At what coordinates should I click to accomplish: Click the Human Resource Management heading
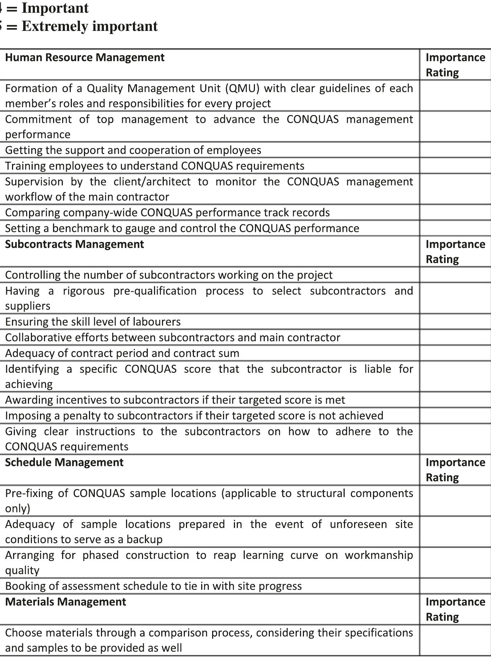tap(85, 57)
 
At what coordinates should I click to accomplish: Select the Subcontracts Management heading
tap(74, 244)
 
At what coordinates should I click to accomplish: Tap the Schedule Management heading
tap(64, 462)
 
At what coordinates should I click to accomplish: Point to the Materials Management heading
tap(65, 602)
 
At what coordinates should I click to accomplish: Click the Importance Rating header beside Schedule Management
tap(455, 469)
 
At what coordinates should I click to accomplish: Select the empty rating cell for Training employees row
tap(455, 166)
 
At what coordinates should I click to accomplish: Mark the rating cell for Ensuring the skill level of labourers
tap(455, 322)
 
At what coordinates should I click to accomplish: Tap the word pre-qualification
tap(155, 291)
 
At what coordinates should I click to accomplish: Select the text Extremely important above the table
tap(90, 26)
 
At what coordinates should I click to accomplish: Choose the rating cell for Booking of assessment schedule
tap(455, 586)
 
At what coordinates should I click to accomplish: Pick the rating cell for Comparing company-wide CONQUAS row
tap(455, 212)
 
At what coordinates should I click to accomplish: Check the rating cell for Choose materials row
tap(455, 640)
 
